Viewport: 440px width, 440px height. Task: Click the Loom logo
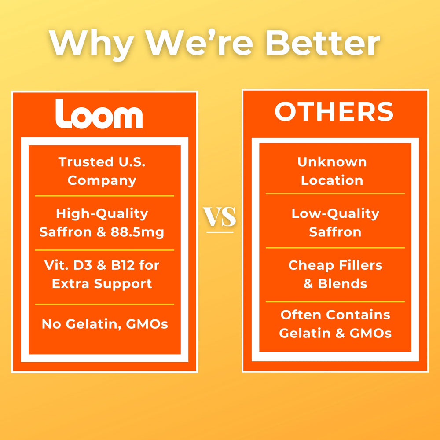[99, 114]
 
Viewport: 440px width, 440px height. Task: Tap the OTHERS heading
[334, 111]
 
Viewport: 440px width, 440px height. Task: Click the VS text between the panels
[220, 216]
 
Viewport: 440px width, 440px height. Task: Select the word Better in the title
[323, 43]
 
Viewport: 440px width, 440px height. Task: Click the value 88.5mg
[137, 233]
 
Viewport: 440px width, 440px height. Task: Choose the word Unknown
[332, 162]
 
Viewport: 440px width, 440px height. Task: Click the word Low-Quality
[335, 214]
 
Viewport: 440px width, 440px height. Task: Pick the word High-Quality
[102, 214]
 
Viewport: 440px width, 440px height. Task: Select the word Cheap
[311, 266]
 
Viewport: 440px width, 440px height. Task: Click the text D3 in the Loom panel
[83, 265]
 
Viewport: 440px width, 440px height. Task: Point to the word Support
[123, 284]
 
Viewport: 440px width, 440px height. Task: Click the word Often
[301, 315]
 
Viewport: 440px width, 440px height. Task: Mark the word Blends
[342, 284]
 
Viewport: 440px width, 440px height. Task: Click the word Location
[332, 180]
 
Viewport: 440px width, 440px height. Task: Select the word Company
[102, 181]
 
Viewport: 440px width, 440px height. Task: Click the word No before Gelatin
[51, 324]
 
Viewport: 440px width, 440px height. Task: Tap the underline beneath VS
[220, 232]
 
